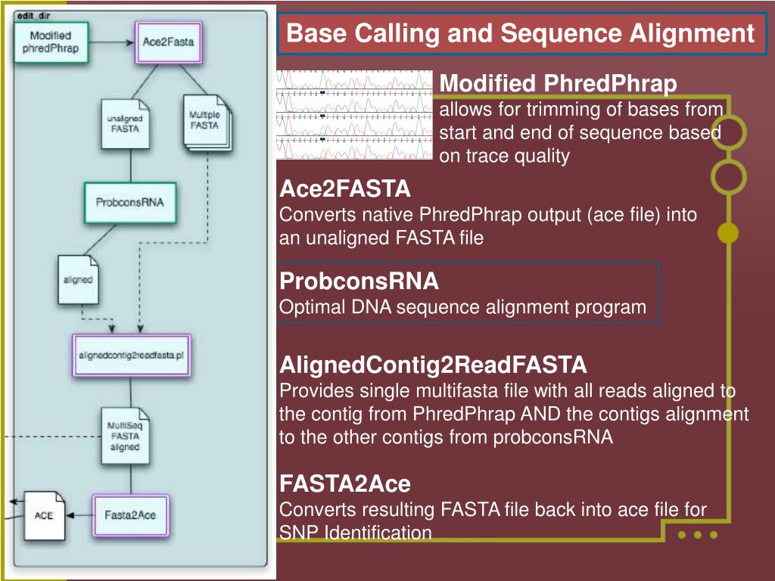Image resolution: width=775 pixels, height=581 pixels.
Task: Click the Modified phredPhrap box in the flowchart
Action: (51, 42)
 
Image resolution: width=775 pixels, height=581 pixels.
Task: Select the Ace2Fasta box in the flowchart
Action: (169, 42)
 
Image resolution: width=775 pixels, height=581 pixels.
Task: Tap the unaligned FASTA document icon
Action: (126, 124)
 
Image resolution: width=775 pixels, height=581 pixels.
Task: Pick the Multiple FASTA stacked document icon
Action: (207, 123)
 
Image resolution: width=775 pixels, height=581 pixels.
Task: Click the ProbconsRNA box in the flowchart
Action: (130, 203)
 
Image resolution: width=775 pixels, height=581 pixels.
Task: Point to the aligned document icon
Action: (78, 280)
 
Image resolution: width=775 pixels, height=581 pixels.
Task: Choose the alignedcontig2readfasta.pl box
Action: (132, 356)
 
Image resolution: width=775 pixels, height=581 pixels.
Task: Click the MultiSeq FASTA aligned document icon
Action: (126, 437)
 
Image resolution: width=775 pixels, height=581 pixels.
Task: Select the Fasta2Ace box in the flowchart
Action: (130, 515)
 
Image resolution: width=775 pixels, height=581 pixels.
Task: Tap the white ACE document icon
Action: (45, 515)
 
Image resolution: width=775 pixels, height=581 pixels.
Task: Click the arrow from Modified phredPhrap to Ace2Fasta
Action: (112, 42)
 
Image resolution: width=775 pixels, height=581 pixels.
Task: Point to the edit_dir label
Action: (33, 16)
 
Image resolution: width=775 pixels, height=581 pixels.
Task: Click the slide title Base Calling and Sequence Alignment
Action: (520, 33)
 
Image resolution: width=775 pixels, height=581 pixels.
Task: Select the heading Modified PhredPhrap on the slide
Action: (558, 83)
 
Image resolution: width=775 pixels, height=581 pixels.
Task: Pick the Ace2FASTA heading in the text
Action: (345, 188)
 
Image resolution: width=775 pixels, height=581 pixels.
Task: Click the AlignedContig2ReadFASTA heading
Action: (433, 365)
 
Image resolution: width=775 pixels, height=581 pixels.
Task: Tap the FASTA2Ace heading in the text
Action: (345, 483)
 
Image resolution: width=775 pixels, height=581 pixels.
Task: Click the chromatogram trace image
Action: (354, 115)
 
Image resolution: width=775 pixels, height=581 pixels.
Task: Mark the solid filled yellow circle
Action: (728, 233)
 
